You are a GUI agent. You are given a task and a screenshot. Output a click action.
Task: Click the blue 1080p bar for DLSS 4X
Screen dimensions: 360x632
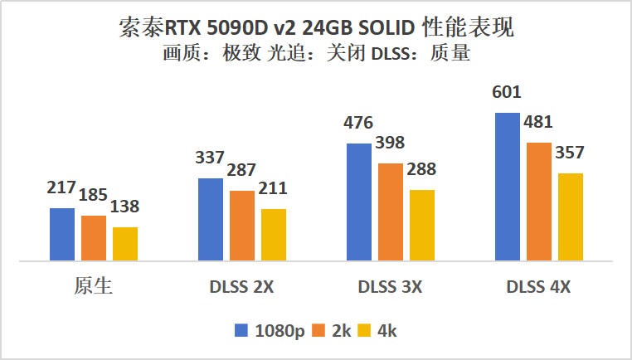tap(508, 187)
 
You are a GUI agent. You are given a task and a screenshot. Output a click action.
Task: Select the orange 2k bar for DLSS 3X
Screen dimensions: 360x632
tap(391, 212)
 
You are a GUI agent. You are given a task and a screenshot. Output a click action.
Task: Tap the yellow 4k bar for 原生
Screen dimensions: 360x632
tap(125, 244)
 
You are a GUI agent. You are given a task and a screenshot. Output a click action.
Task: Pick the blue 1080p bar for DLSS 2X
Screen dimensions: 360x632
tap(211, 219)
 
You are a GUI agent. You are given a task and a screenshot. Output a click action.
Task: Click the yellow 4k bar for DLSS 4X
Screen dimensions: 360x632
tap(571, 216)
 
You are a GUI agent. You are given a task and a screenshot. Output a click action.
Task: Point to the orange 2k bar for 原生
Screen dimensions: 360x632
tap(93, 238)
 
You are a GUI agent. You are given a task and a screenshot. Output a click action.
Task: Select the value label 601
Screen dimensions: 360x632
tap(507, 92)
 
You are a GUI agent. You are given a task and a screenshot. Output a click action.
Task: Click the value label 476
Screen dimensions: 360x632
tap(358, 124)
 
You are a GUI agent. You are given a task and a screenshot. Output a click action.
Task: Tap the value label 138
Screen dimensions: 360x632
tap(125, 207)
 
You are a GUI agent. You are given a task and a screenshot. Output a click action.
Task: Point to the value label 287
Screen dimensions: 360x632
tap(242, 171)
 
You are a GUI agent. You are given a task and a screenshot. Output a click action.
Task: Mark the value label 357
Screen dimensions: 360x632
tap(571, 153)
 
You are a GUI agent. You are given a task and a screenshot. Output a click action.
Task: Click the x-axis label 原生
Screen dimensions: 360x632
tap(93, 287)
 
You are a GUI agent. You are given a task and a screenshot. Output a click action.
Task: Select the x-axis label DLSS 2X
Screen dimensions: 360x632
tap(242, 288)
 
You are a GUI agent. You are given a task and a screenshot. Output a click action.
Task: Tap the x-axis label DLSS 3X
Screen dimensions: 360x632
tap(391, 288)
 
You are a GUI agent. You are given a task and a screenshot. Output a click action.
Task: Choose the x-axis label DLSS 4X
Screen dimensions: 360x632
tap(539, 288)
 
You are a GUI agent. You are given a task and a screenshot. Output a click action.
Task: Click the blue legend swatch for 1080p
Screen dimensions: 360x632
tap(242, 330)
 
